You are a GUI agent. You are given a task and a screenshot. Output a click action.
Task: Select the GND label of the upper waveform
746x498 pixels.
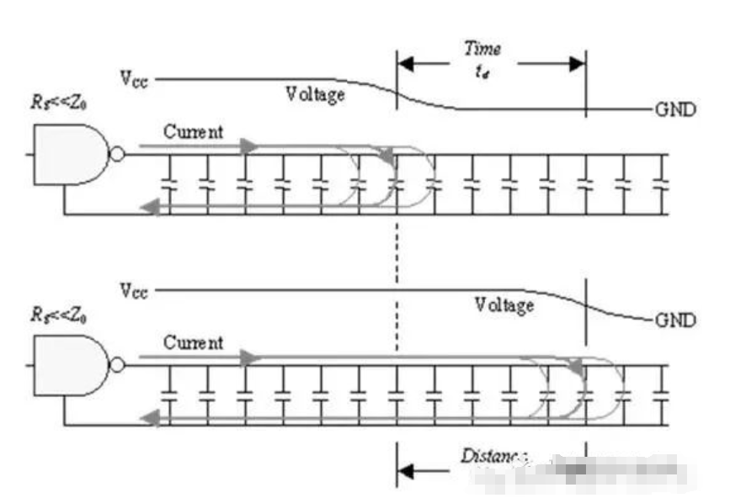coord(674,110)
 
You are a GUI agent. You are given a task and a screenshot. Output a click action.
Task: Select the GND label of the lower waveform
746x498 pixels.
coord(674,321)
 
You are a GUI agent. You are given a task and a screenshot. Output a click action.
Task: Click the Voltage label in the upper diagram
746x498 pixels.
coord(315,94)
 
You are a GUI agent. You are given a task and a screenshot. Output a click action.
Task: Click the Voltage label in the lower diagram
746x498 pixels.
coord(504,305)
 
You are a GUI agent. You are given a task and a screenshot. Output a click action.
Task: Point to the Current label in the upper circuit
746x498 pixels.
coord(194,131)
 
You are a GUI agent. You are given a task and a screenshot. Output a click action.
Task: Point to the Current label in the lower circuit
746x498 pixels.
coord(194,342)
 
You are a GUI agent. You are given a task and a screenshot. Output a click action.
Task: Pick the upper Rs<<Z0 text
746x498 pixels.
coord(60,105)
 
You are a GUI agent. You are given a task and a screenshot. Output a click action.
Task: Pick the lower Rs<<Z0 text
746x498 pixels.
coord(60,316)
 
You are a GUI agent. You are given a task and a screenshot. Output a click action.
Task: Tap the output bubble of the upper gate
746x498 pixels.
coord(118,154)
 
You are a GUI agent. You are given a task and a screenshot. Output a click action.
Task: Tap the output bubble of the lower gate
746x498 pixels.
coord(118,365)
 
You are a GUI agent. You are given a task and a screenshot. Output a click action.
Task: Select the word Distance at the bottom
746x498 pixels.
coord(493,457)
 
